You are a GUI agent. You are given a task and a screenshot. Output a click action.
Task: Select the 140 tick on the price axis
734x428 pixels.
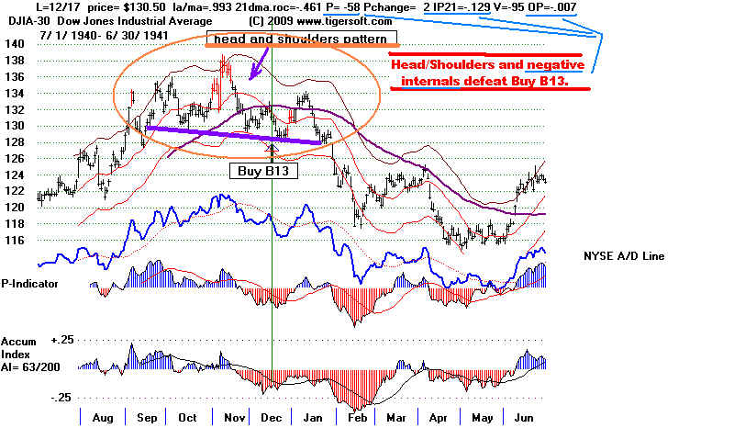coord(12,44)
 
